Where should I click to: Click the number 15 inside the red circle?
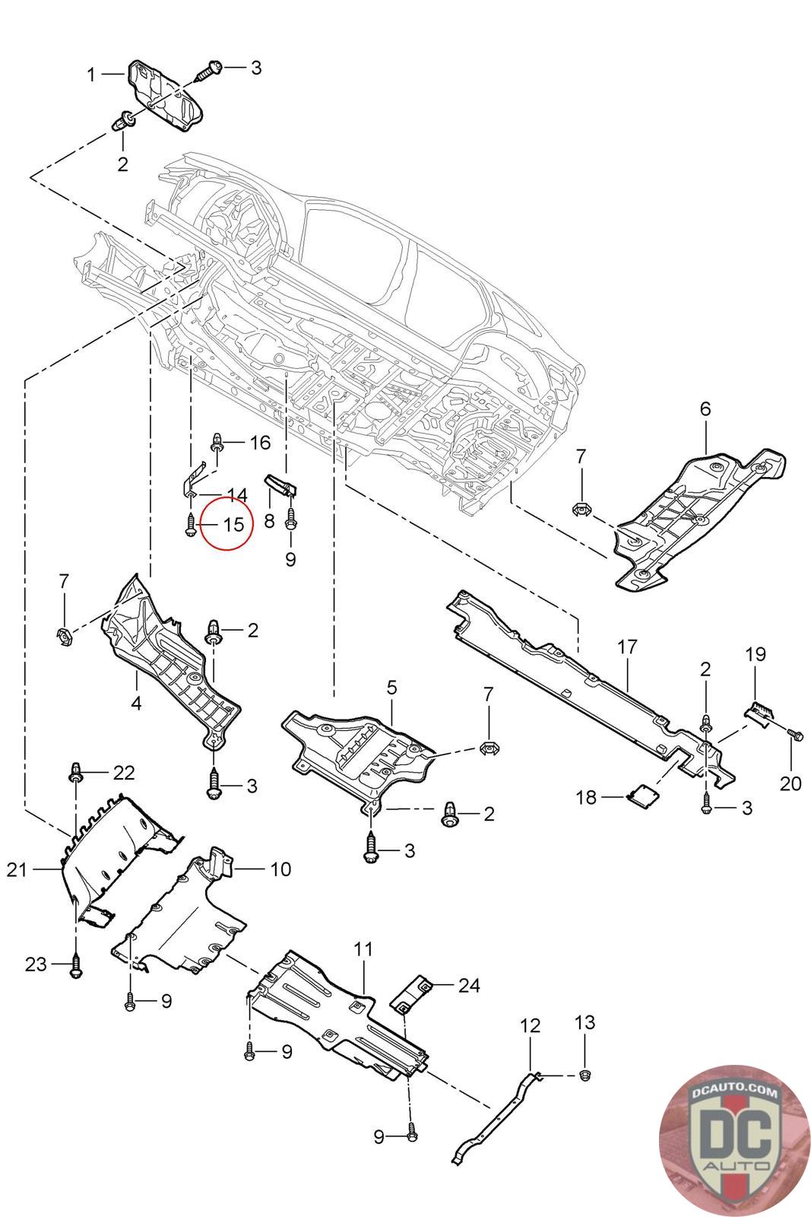pyautogui.click(x=233, y=524)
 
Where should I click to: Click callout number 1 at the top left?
pyautogui.click(x=92, y=75)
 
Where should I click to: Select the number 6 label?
pyautogui.click(x=705, y=409)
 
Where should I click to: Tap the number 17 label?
pyautogui.click(x=627, y=648)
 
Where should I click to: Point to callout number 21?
pyautogui.click(x=17, y=869)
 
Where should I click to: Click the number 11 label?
pyautogui.click(x=364, y=949)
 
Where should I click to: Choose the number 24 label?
pyautogui.click(x=469, y=985)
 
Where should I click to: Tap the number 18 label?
pyautogui.click(x=587, y=797)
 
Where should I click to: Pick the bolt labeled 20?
pyautogui.click(x=794, y=735)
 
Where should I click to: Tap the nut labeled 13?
pyautogui.click(x=584, y=1074)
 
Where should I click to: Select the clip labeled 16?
pyautogui.click(x=217, y=442)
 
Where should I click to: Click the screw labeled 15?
pyautogui.click(x=189, y=524)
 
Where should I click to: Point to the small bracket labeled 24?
pyautogui.click(x=411, y=993)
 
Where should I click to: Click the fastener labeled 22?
pyautogui.click(x=76, y=772)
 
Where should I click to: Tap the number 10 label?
pyautogui.click(x=280, y=869)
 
